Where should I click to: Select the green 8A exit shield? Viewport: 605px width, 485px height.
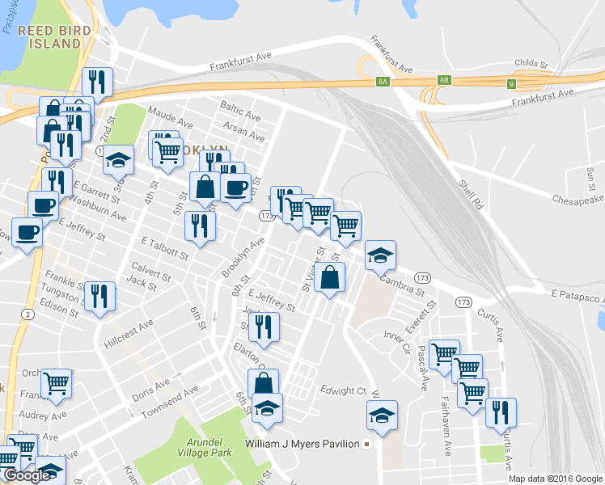383,81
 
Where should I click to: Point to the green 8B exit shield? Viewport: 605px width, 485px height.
443,79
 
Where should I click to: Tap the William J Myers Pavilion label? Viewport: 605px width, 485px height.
305,444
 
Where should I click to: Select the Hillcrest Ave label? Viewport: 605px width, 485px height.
129,332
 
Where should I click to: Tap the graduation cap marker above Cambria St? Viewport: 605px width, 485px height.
379,255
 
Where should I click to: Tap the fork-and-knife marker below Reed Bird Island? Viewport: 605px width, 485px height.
97,82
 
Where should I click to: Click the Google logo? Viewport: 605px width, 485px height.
27,475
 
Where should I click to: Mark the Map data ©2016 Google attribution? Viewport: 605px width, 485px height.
556,479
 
